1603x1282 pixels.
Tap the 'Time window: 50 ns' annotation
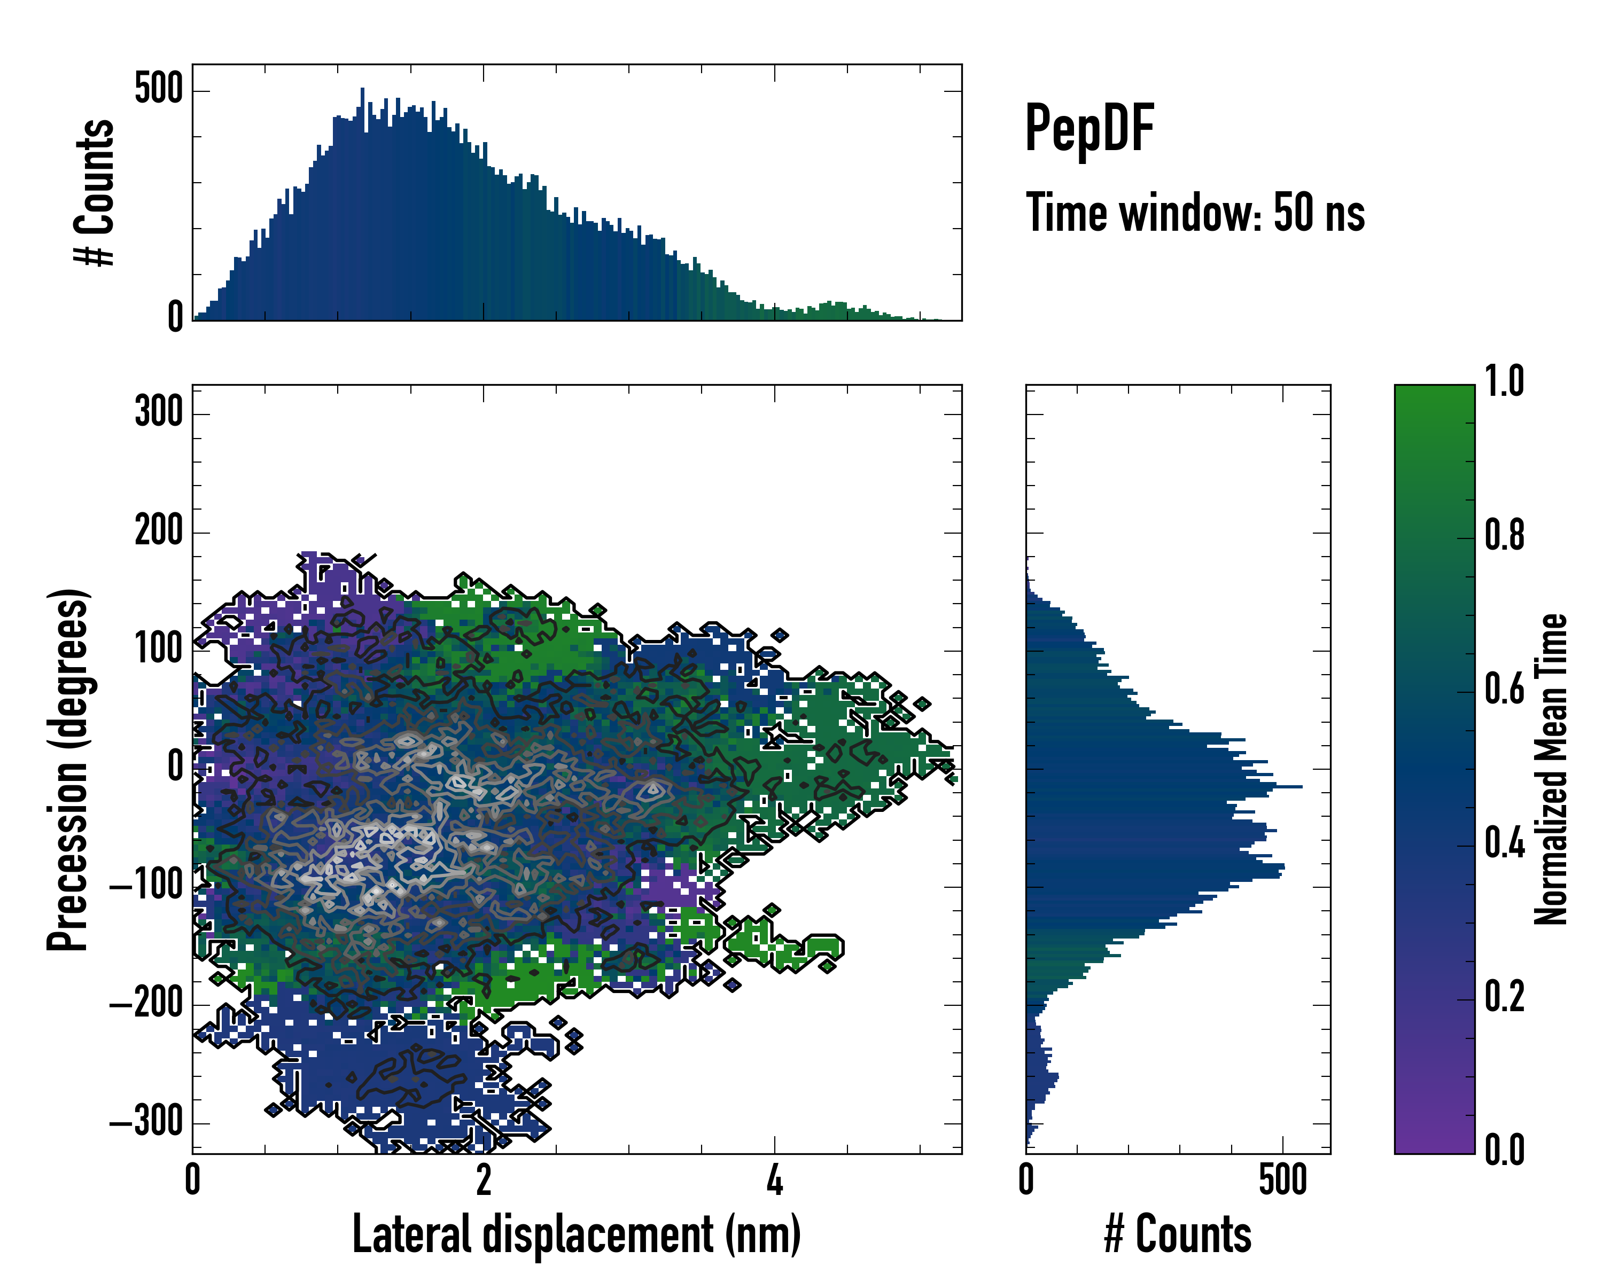(x=1195, y=213)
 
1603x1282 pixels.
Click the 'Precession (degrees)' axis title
(x=68, y=769)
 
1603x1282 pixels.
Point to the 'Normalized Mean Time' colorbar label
(x=1551, y=769)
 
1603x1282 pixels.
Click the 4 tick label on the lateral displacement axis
(x=775, y=1180)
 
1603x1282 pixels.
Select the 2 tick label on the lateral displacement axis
(x=484, y=1180)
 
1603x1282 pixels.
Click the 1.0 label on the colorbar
(x=1504, y=382)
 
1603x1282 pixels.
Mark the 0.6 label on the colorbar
(x=1504, y=689)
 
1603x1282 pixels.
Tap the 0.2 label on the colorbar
(x=1504, y=997)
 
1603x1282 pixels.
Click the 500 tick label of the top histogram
(x=158, y=89)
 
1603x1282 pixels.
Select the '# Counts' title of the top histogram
(x=95, y=192)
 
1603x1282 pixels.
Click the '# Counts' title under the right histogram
(x=1178, y=1234)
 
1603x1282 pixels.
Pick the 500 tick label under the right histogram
(x=1282, y=1180)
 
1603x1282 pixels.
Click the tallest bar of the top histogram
(x=362, y=205)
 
